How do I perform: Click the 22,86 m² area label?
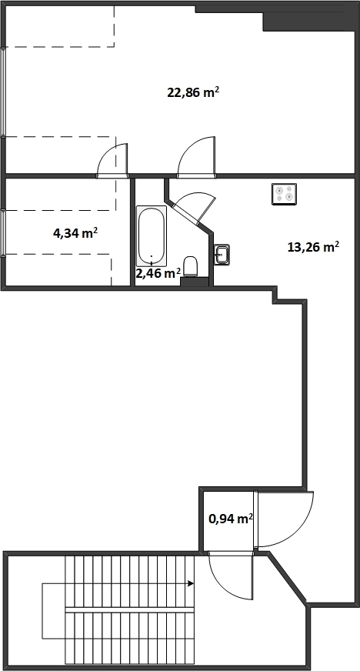click(x=193, y=92)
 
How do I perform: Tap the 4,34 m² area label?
click(x=75, y=233)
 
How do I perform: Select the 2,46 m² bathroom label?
click(x=158, y=273)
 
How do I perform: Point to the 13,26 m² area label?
click(x=313, y=247)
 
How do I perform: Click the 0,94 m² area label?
click(x=231, y=519)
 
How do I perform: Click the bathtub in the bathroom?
click(x=152, y=235)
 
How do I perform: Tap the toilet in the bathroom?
click(x=190, y=266)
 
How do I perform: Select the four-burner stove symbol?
click(x=285, y=193)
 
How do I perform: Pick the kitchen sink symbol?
click(x=222, y=254)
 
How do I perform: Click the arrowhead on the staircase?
click(x=191, y=583)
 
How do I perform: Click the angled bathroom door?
click(x=195, y=205)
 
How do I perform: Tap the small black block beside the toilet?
click(x=194, y=282)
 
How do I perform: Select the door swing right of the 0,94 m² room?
click(x=284, y=519)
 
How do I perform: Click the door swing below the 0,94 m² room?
click(x=231, y=575)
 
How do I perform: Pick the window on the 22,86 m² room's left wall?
click(x=3, y=92)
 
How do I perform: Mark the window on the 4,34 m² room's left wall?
click(x=3, y=233)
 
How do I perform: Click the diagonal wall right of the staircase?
click(x=288, y=578)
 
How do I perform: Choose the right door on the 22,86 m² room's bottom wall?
click(x=196, y=157)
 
